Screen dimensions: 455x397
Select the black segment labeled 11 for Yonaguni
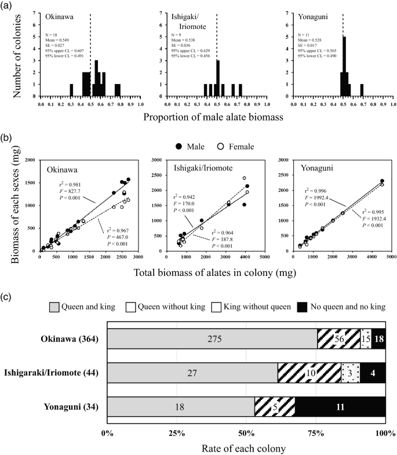pos(340,406)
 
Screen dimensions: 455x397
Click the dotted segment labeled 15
pos(366,338)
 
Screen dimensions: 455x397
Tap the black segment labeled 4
pos(373,373)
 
